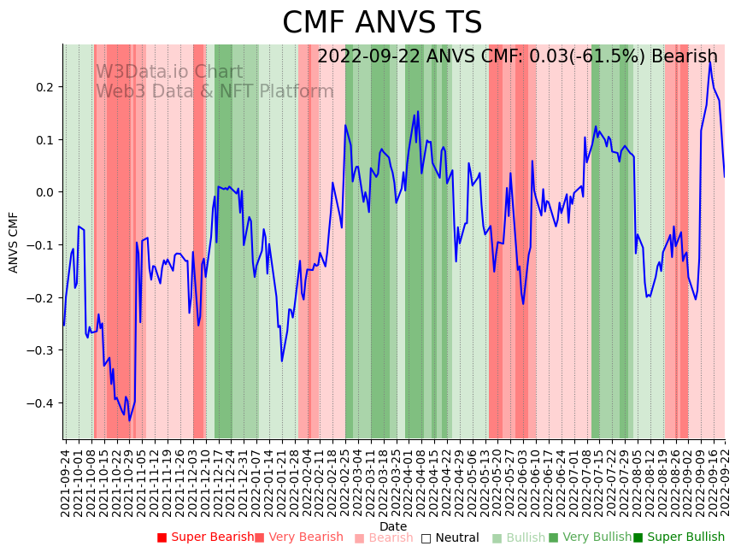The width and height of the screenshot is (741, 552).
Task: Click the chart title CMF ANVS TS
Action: [382, 23]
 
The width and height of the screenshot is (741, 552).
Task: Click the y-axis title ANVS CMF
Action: [14, 243]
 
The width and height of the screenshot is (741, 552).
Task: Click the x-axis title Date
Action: [393, 526]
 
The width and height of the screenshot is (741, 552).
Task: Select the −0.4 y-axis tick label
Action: [40, 403]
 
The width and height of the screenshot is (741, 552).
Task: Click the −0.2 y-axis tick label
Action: [40, 298]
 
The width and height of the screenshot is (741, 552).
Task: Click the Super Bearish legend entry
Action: [205, 537]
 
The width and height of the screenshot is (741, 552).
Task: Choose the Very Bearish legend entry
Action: [298, 537]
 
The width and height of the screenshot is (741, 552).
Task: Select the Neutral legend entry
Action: [450, 537]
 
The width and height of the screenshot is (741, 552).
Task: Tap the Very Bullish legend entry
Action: [590, 537]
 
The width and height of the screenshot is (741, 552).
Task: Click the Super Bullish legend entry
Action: [679, 537]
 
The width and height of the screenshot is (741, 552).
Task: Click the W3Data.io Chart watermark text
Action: [168, 73]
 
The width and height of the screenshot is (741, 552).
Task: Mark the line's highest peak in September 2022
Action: [710, 62]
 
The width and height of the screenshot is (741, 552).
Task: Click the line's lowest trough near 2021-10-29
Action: [130, 420]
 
